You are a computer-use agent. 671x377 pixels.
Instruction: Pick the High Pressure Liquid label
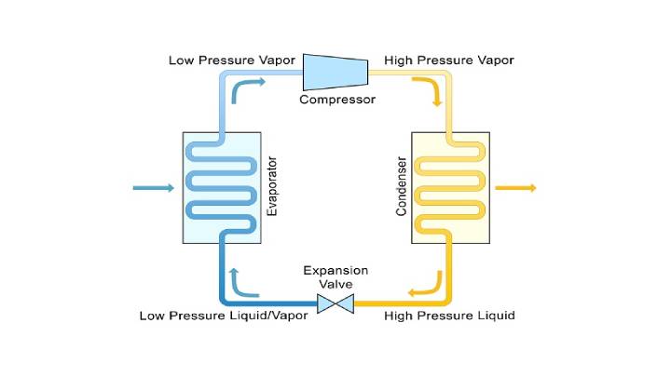point(449,316)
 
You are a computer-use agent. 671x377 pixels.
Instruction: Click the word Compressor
point(336,99)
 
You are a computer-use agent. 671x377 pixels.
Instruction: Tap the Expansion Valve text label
point(335,277)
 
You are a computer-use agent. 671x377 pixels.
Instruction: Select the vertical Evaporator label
point(273,187)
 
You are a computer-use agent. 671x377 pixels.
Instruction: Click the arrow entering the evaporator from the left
point(154,188)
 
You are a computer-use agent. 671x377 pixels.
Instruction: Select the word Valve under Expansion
point(335,284)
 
